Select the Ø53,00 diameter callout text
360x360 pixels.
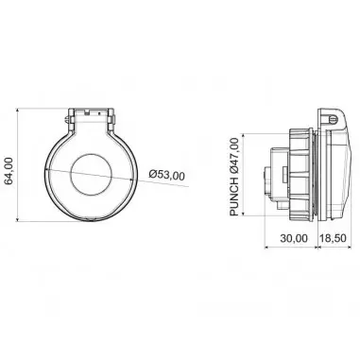[x=167, y=175]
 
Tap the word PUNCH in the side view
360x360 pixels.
[x=234, y=197]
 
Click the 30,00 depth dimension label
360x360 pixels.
[x=294, y=238]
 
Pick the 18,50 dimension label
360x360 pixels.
[x=333, y=238]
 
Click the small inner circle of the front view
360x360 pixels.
[x=91, y=174]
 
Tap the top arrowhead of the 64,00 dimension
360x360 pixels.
[x=18, y=111]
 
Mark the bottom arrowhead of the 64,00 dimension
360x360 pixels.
[x=18, y=218]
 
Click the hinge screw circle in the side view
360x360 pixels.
[x=334, y=120]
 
